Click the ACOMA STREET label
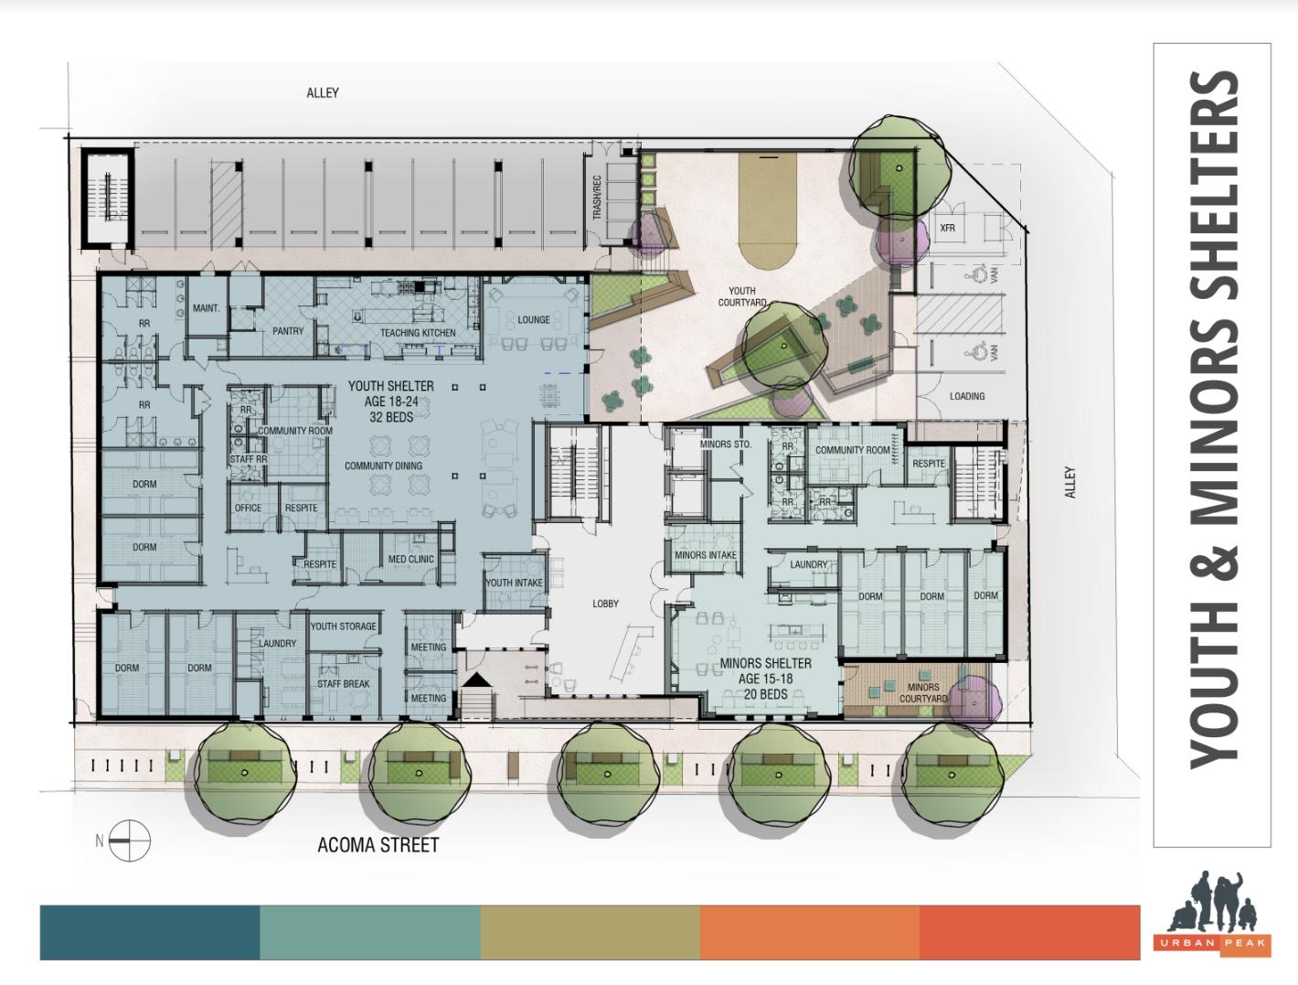(378, 845)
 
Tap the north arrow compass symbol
(129, 840)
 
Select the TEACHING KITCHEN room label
(418, 333)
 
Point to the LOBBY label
(605, 604)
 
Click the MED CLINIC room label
(411, 559)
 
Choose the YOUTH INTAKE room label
(514, 583)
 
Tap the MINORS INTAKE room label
(706, 555)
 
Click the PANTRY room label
(288, 331)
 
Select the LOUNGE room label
(534, 320)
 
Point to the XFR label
(947, 228)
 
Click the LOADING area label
(967, 396)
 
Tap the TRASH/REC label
(597, 197)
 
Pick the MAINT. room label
(206, 308)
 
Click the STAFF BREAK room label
(343, 684)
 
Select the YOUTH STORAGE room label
(343, 626)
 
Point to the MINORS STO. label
(726, 444)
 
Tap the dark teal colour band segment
(150, 932)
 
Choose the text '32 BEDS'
(391, 418)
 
